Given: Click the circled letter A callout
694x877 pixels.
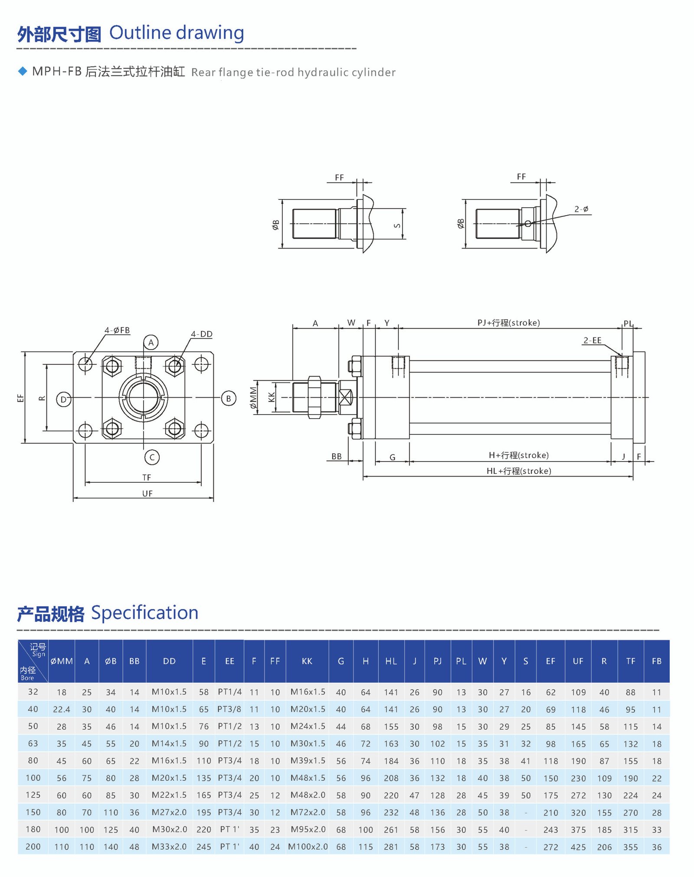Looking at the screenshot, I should [151, 342].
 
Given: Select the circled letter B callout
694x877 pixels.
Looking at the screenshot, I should [229, 398].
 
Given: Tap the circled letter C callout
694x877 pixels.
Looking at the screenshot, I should [152, 457].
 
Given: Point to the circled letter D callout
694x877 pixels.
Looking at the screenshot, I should [64, 399].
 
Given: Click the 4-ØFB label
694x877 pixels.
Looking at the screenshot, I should [117, 330].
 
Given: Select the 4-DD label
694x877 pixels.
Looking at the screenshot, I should [201, 334].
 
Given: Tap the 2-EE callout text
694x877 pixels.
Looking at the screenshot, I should [592, 340].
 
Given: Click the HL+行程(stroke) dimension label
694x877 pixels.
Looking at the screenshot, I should [519, 471].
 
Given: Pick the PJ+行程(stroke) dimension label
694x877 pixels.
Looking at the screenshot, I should [508, 323].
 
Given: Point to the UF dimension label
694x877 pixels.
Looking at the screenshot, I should [147, 493].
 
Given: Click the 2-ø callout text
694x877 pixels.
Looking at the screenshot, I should [581, 209].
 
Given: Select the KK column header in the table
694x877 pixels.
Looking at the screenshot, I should [307, 661].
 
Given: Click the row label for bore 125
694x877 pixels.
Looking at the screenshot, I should [33, 795].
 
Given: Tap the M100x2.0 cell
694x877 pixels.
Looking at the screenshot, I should [308, 846].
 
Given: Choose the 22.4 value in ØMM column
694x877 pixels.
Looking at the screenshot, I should [61, 709].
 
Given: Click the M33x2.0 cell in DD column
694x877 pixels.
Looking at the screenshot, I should [169, 846].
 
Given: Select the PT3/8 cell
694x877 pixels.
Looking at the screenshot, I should [229, 709].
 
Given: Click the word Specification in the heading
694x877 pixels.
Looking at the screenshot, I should [144, 612].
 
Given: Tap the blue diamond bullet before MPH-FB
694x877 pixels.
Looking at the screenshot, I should [23, 71].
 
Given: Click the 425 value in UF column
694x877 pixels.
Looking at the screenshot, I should [578, 847].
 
